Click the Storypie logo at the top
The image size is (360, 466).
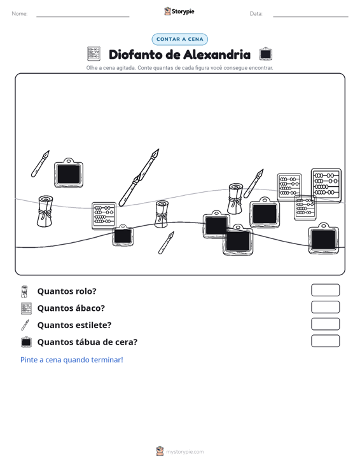pos(179,11)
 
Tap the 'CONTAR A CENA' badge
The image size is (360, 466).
pos(179,39)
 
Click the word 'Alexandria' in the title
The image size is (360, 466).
pos(217,55)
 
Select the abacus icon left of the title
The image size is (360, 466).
pos(93,54)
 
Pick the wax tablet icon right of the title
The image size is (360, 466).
pos(265,54)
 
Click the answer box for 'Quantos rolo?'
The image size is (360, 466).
pos(325,290)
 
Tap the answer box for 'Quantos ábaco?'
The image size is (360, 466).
pos(325,307)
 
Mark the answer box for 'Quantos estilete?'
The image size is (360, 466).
pos(325,324)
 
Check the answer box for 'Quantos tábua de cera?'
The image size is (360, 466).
pos(325,341)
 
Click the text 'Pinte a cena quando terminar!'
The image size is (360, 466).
pos(72,360)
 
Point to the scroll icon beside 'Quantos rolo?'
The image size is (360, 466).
pos(24,292)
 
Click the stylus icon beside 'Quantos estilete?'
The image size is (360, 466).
pos(25,325)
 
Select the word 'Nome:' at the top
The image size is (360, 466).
pos(20,14)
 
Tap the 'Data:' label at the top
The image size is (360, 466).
pos(256,14)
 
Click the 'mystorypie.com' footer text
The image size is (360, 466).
pos(184,452)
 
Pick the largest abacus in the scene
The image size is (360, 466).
pos(326,186)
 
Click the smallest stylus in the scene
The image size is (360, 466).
pos(166,242)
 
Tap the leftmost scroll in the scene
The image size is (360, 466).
pos(45,211)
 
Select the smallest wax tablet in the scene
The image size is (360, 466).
pos(123,235)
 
